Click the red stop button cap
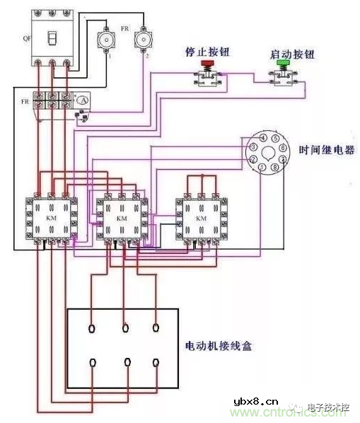(x=208, y=64)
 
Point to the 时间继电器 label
(x=327, y=150)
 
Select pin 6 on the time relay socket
(x=284, y=149)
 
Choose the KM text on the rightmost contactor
(x=201, y=219)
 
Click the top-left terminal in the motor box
(x=93, y=328)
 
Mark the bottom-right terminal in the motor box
(x=157, y=362)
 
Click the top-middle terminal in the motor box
(x=125, y=328)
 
